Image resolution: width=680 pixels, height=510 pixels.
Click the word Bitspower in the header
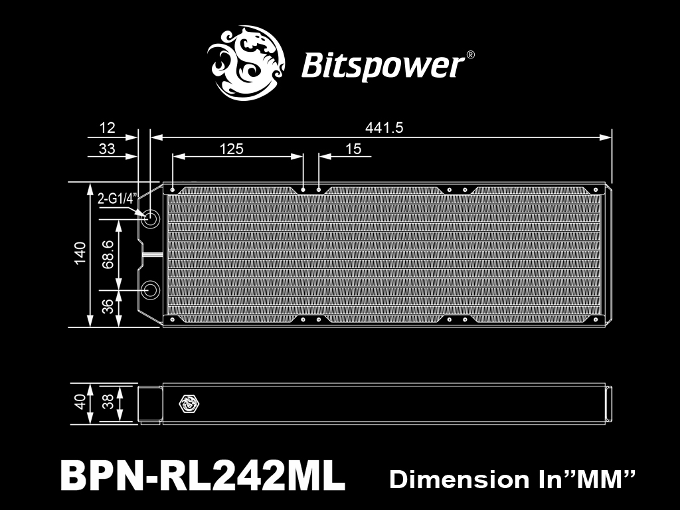tap(382, 66)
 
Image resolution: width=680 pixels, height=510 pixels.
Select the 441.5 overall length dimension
tap(384, 127)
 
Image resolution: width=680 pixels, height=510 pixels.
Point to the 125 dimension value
tap(231, 149)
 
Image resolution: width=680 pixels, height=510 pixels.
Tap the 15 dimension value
tap(353, 149)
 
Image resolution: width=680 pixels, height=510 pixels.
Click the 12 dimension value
tap(106, 127)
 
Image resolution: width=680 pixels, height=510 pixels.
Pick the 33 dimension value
tap(106, 149)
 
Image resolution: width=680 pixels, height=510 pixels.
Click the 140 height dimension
tap(80, 254)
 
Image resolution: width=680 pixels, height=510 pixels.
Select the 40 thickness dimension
tap(80, 402)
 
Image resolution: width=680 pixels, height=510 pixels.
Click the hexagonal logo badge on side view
tap(187, 403)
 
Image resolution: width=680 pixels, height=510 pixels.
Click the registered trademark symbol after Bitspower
tap(470, 56)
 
